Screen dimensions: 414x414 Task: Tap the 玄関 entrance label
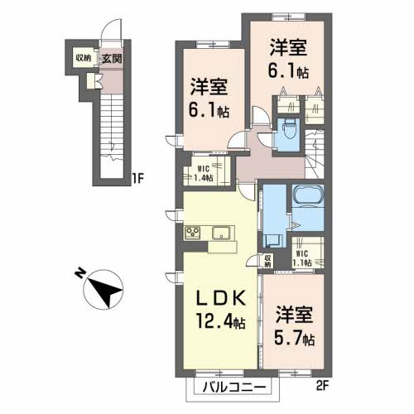coord(111,58)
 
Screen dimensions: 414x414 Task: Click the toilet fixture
coord(287,129)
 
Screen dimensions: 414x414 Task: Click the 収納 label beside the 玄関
coord(84,58)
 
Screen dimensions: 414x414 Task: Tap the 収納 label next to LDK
coord(268,261)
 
